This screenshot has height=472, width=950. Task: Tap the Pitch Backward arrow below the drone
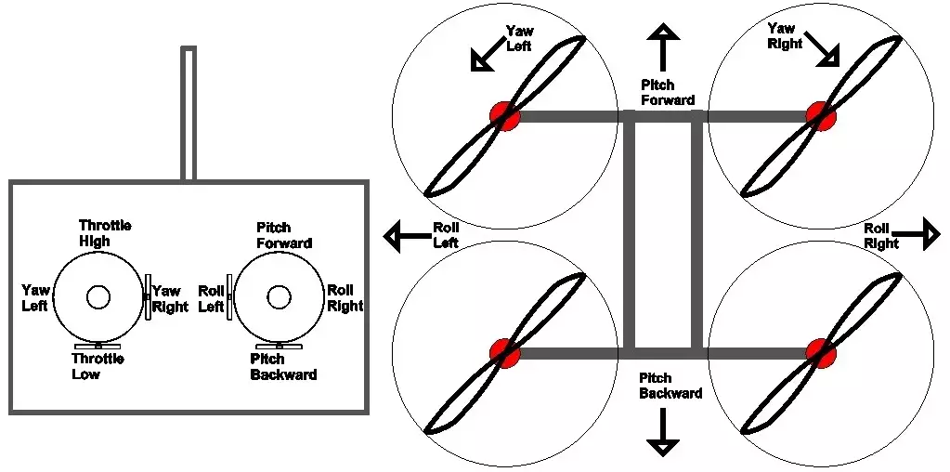(663, 431)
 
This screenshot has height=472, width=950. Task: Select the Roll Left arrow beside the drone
(406, 236)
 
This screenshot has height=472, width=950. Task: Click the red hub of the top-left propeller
(505, 115)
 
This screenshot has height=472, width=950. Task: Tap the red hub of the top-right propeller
(821, 115)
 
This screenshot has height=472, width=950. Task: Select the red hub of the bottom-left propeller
(505, 352)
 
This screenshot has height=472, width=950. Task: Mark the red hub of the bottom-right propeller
(821, 352)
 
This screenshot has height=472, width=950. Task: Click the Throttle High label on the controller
(104, 233)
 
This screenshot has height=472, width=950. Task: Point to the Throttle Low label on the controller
(98, 366)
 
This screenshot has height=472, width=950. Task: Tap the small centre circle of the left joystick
(98, 296)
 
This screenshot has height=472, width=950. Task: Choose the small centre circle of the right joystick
(278, 296)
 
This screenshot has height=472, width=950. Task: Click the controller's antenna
(189, 111)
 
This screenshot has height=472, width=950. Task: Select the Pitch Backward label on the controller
(283, 366)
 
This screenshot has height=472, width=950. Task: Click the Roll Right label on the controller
(345, 298)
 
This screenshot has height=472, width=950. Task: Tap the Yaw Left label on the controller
(35, 298)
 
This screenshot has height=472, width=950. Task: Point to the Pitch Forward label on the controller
(283, 235)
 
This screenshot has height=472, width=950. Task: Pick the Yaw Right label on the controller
(170, 299)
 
